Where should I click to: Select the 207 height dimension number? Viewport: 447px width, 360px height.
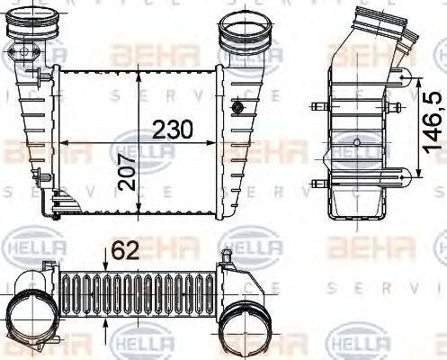[x=130, y=180]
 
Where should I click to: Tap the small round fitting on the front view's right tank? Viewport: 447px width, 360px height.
[x=237, y=108]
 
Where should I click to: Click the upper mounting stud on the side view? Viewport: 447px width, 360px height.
[x=316, y=109]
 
